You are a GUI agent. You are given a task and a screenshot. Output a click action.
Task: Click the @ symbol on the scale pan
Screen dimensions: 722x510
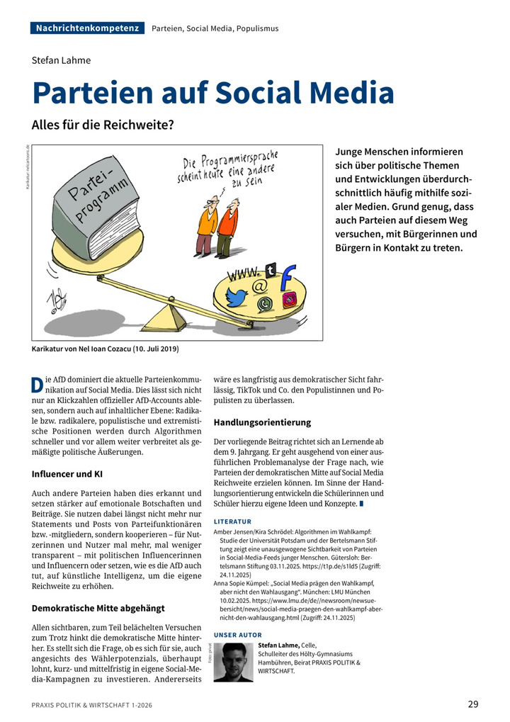click(259, 287)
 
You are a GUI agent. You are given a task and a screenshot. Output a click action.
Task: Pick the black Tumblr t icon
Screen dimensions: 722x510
click(270, 269)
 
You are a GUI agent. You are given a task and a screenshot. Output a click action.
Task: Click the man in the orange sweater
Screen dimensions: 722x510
click(207, 222)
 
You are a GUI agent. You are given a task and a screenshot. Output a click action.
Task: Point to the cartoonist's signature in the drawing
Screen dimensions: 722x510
click(55, 300)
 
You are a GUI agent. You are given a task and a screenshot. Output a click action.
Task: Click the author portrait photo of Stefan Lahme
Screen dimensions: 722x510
click(233, 661)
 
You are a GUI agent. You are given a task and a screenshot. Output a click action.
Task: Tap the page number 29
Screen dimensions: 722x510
click(473, 704)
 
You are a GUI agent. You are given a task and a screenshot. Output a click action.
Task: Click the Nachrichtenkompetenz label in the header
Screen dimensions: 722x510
click(87, 28)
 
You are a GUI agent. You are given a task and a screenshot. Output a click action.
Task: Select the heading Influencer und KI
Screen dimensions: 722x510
click(72, 473)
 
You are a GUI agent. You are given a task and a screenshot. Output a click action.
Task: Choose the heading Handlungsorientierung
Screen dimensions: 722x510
click(262, 422)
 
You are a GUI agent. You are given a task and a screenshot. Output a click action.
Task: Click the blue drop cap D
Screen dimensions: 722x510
click(38, 385)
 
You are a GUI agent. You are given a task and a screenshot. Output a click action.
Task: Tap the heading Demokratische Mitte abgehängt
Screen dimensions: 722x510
click(98, 608)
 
